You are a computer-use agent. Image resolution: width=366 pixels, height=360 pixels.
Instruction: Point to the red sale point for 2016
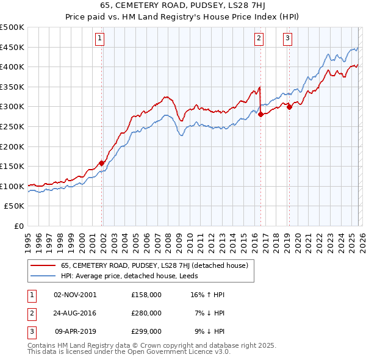(260, 114)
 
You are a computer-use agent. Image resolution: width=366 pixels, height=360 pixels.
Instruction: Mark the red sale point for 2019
(289, 107)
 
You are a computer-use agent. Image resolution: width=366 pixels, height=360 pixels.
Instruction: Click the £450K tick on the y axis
(12, 47)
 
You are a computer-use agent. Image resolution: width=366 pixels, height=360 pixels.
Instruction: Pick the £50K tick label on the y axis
(14, 206)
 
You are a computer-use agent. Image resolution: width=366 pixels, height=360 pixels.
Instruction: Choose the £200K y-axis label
(12, 146)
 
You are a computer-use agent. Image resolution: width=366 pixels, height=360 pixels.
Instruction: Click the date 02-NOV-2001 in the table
(75, 294)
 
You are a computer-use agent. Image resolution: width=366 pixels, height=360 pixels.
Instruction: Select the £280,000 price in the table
(146, 313)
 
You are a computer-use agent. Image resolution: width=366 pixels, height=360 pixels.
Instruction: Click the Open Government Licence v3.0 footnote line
(129, 352)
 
